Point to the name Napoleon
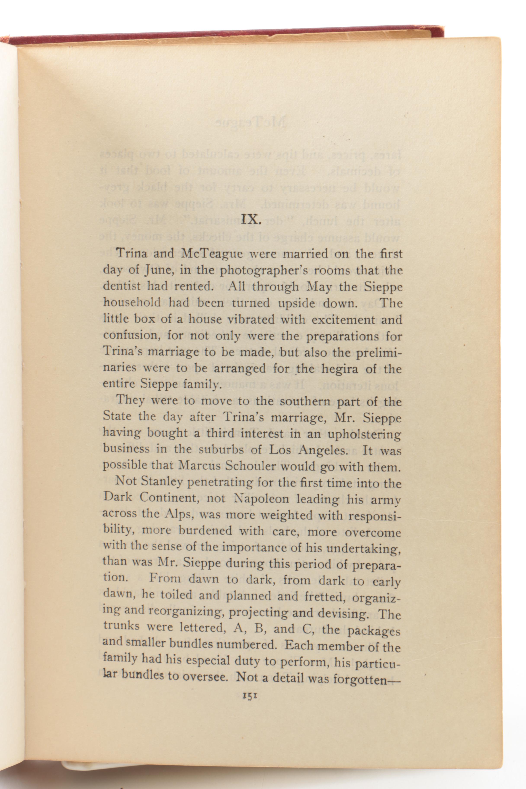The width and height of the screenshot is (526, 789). (x=260, y=499)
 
